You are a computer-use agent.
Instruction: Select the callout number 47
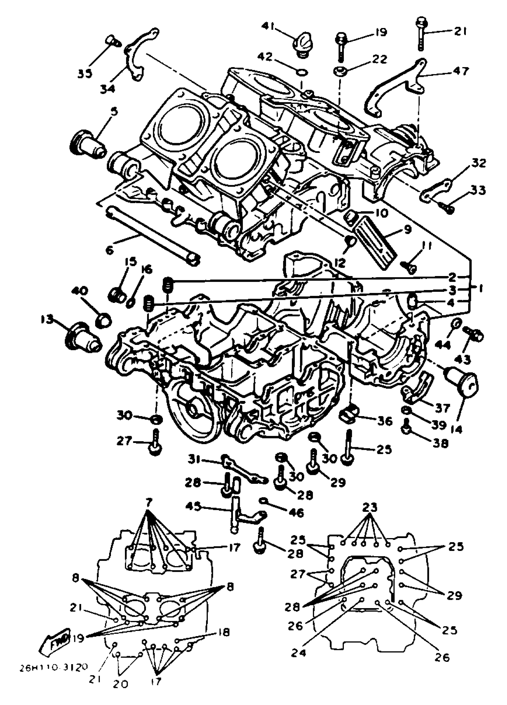click(x=461, y=71)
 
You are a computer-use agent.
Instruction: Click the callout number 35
click(x=85, y=74)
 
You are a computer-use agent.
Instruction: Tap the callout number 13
click(x=47, y=320)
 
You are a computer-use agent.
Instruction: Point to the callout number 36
click(x=384, y=421)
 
